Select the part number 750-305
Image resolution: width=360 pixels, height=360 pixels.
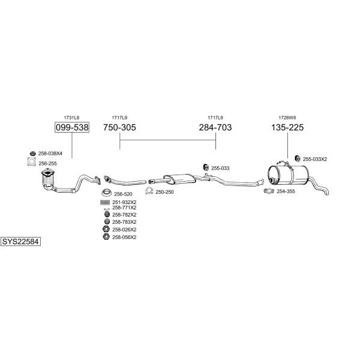[119, 127]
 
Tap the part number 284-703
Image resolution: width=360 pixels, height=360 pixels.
[215, 127]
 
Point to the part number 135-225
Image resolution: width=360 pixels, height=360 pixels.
[288, 127]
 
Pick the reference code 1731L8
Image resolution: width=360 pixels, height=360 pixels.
[71, 117]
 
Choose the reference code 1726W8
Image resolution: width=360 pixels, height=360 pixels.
[287, 117]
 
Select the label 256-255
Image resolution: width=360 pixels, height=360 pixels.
[47, 163]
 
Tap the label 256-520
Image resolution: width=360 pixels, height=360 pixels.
[123, 194]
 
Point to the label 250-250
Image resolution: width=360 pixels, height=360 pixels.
[164, 192]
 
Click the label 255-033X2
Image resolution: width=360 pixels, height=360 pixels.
[315, 159]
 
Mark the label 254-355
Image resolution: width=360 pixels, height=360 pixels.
[286, 191]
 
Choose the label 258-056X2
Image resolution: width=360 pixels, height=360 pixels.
[124, 237]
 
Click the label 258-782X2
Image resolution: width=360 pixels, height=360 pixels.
[124, 215]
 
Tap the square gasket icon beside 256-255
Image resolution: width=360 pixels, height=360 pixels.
[32, 162]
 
